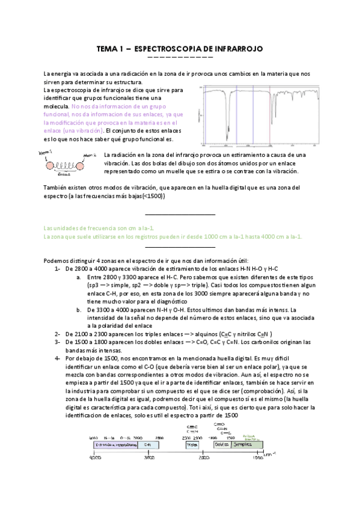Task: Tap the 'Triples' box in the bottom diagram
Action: coord(192,444)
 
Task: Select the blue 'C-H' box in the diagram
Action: coord(148,444)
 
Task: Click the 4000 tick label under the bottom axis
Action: coord(95,458)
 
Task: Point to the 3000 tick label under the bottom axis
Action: coord(149,458)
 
